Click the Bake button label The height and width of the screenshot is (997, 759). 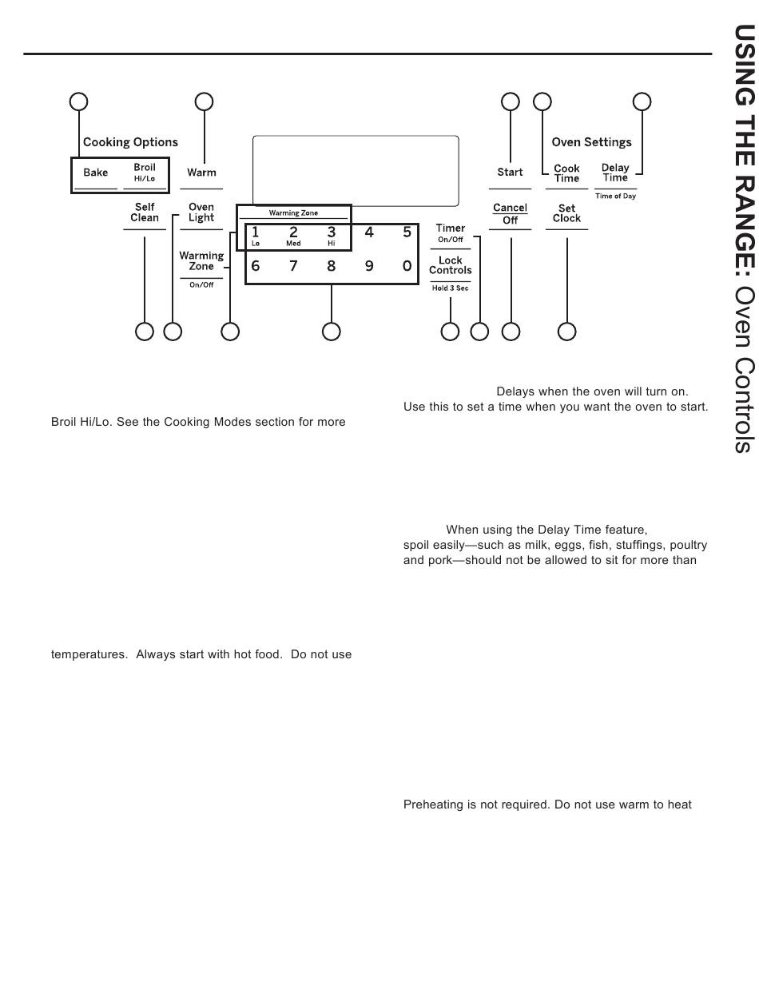click(96, 173)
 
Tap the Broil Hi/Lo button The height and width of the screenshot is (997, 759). click(145, 173)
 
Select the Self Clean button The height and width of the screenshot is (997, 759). click(145, 213)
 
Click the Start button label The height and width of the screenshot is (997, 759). click(510, 173)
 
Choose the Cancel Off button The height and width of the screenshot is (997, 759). click(510, 214)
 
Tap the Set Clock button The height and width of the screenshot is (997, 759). click(566, 213)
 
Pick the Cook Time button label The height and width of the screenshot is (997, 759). click(566, 173)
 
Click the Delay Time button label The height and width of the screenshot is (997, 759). click(615, 173)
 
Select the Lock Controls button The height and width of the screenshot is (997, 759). click(451, 265)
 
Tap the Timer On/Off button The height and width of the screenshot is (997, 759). click(451, 232)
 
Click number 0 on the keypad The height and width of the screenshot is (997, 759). click(407, 266)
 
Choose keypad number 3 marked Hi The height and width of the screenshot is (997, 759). click(332, 235)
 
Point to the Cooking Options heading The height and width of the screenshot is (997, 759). click(130, 142)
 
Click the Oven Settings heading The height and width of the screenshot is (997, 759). click(591, 142)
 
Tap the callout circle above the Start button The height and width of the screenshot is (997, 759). click(510, 101)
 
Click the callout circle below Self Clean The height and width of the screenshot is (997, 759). click(145, 332)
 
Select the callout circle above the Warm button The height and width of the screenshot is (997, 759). click(205, 101)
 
